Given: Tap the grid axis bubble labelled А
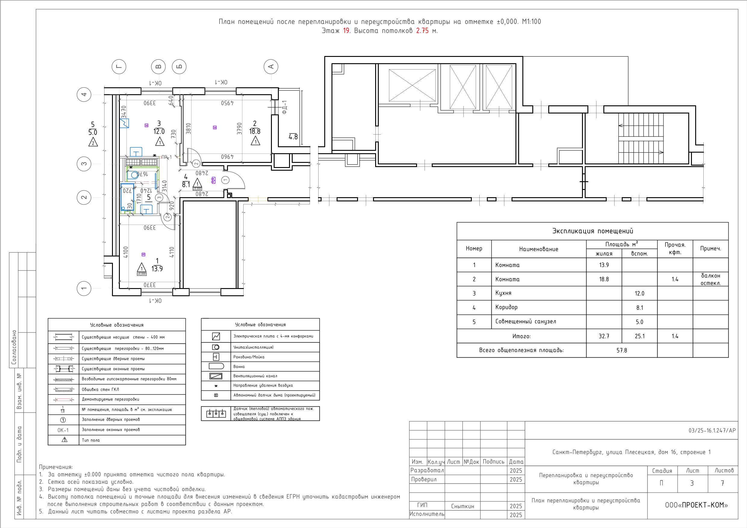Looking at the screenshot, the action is [x=271, y=67].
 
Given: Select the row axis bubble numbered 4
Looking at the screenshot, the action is [x=84, y=95].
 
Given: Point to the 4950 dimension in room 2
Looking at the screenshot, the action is [x=228, y=103].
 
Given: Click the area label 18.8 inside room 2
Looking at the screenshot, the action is [x=255, y=132].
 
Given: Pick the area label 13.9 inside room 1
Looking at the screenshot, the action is [x=157, y=269].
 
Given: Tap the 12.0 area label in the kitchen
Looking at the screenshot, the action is [x=159, y=132].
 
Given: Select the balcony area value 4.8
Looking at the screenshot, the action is [x=293, y=137].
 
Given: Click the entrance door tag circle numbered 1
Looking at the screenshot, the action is [x=225, y=180].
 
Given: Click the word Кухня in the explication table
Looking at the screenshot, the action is [x=503, y=293].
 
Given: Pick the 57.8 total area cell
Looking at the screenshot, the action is [x=622, y=350].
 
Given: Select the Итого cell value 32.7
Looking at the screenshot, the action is [x=604, y=336].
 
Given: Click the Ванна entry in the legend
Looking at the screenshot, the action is [x=239, y=367].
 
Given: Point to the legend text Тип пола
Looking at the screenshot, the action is [x=91, y=440].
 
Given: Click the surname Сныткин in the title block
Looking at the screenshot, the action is [x=463, y=506].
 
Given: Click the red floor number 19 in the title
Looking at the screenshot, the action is [x=347, y=31].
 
